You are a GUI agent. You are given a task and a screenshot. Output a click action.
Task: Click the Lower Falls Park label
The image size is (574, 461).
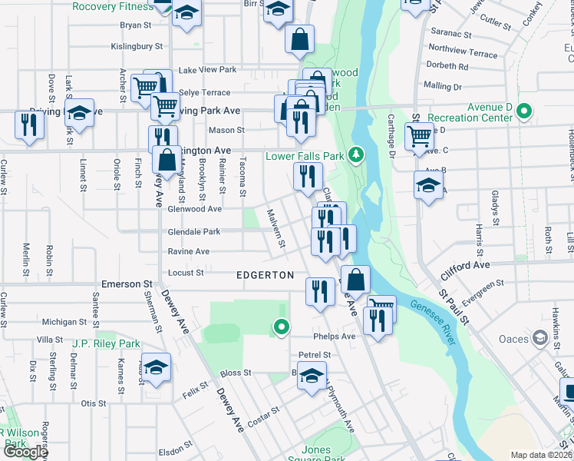coord(305,156)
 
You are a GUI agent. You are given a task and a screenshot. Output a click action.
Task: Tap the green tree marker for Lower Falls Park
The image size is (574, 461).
coord(355,155)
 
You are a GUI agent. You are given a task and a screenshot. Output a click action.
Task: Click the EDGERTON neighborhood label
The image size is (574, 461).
coord(265,275)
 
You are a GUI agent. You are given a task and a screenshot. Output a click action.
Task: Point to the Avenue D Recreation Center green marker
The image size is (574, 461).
coord(524,112)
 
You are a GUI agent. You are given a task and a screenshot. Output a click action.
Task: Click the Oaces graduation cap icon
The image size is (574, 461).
coord(540,338)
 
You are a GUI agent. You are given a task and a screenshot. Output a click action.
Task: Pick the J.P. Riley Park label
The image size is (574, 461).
coord(107,343)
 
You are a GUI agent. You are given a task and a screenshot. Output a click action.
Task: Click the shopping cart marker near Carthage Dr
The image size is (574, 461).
coord(418,137)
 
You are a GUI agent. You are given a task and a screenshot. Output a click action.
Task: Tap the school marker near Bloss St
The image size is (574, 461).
coord(312,376)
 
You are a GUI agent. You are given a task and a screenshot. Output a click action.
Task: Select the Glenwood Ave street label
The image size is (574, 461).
coord(195,208)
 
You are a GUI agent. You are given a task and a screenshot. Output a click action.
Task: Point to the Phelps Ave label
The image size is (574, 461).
coord(334,337)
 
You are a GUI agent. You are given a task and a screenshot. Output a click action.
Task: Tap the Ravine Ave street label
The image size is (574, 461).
coord(189,251)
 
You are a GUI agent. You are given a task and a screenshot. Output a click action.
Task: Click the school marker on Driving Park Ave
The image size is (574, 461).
coord(79,114)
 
